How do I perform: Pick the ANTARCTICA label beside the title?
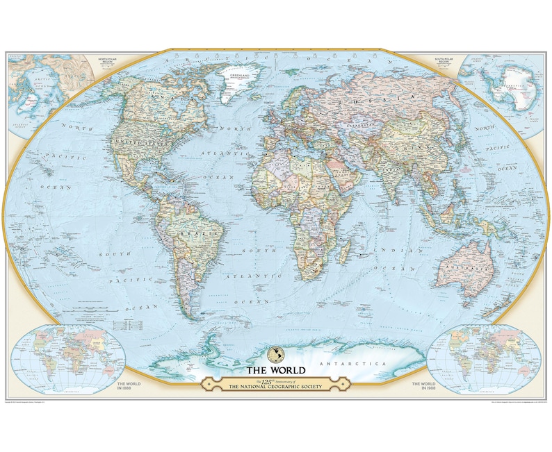(348, 364)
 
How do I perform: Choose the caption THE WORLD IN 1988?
(424, 386)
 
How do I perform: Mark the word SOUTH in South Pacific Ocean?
(112, 255)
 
